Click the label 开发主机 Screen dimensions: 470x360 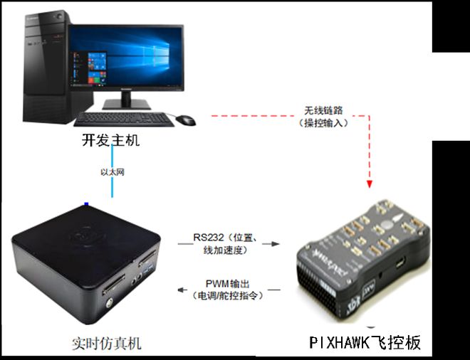110,140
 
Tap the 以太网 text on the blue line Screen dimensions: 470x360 112,172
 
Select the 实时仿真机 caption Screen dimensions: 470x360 106,344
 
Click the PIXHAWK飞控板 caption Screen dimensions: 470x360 365,342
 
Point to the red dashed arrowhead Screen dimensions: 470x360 370,184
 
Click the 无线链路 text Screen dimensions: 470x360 323,110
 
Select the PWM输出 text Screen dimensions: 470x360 227,283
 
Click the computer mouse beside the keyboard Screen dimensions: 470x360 186,120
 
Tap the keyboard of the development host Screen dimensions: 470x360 124,120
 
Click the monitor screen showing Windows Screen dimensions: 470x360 126,58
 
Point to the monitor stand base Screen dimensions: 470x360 127,105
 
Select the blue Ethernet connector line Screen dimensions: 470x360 112,171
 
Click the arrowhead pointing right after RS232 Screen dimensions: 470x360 276,244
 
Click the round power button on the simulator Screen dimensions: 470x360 109,303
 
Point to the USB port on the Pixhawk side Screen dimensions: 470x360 400,263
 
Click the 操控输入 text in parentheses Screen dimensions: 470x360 323,123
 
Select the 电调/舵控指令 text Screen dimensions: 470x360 228,295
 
